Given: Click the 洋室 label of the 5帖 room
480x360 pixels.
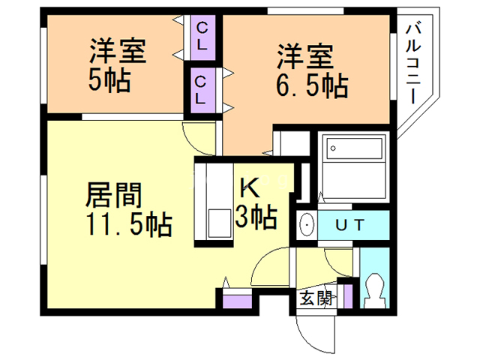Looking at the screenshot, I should tap(118, 53).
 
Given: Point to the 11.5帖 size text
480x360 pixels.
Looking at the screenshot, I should tap(124, 223).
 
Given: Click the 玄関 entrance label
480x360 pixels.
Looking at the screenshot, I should tap(316, 298).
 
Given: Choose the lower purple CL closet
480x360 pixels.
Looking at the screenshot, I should tap(201, 88).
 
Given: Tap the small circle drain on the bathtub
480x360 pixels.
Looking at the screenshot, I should tap(332, 148).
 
